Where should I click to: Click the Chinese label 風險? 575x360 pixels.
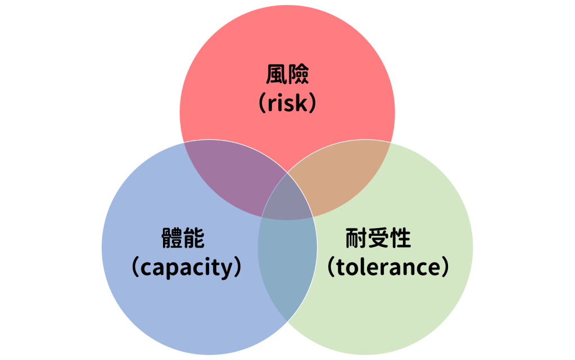click(287, 75)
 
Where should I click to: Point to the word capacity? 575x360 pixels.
click(186, 268)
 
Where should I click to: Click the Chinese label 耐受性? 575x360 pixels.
click(378, 239)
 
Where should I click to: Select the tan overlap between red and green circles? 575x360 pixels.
click(337, 177)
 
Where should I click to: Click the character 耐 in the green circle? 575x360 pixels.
click(356, 239)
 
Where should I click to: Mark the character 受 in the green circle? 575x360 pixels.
click(378, 239)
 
